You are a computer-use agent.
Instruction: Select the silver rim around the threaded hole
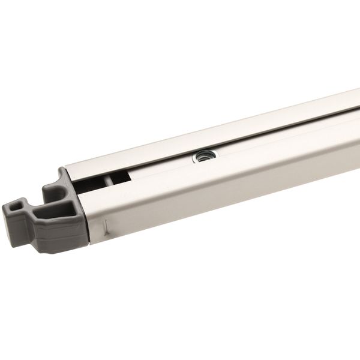tap(196, 157)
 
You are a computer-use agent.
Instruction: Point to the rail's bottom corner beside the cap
tap(91, 242)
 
